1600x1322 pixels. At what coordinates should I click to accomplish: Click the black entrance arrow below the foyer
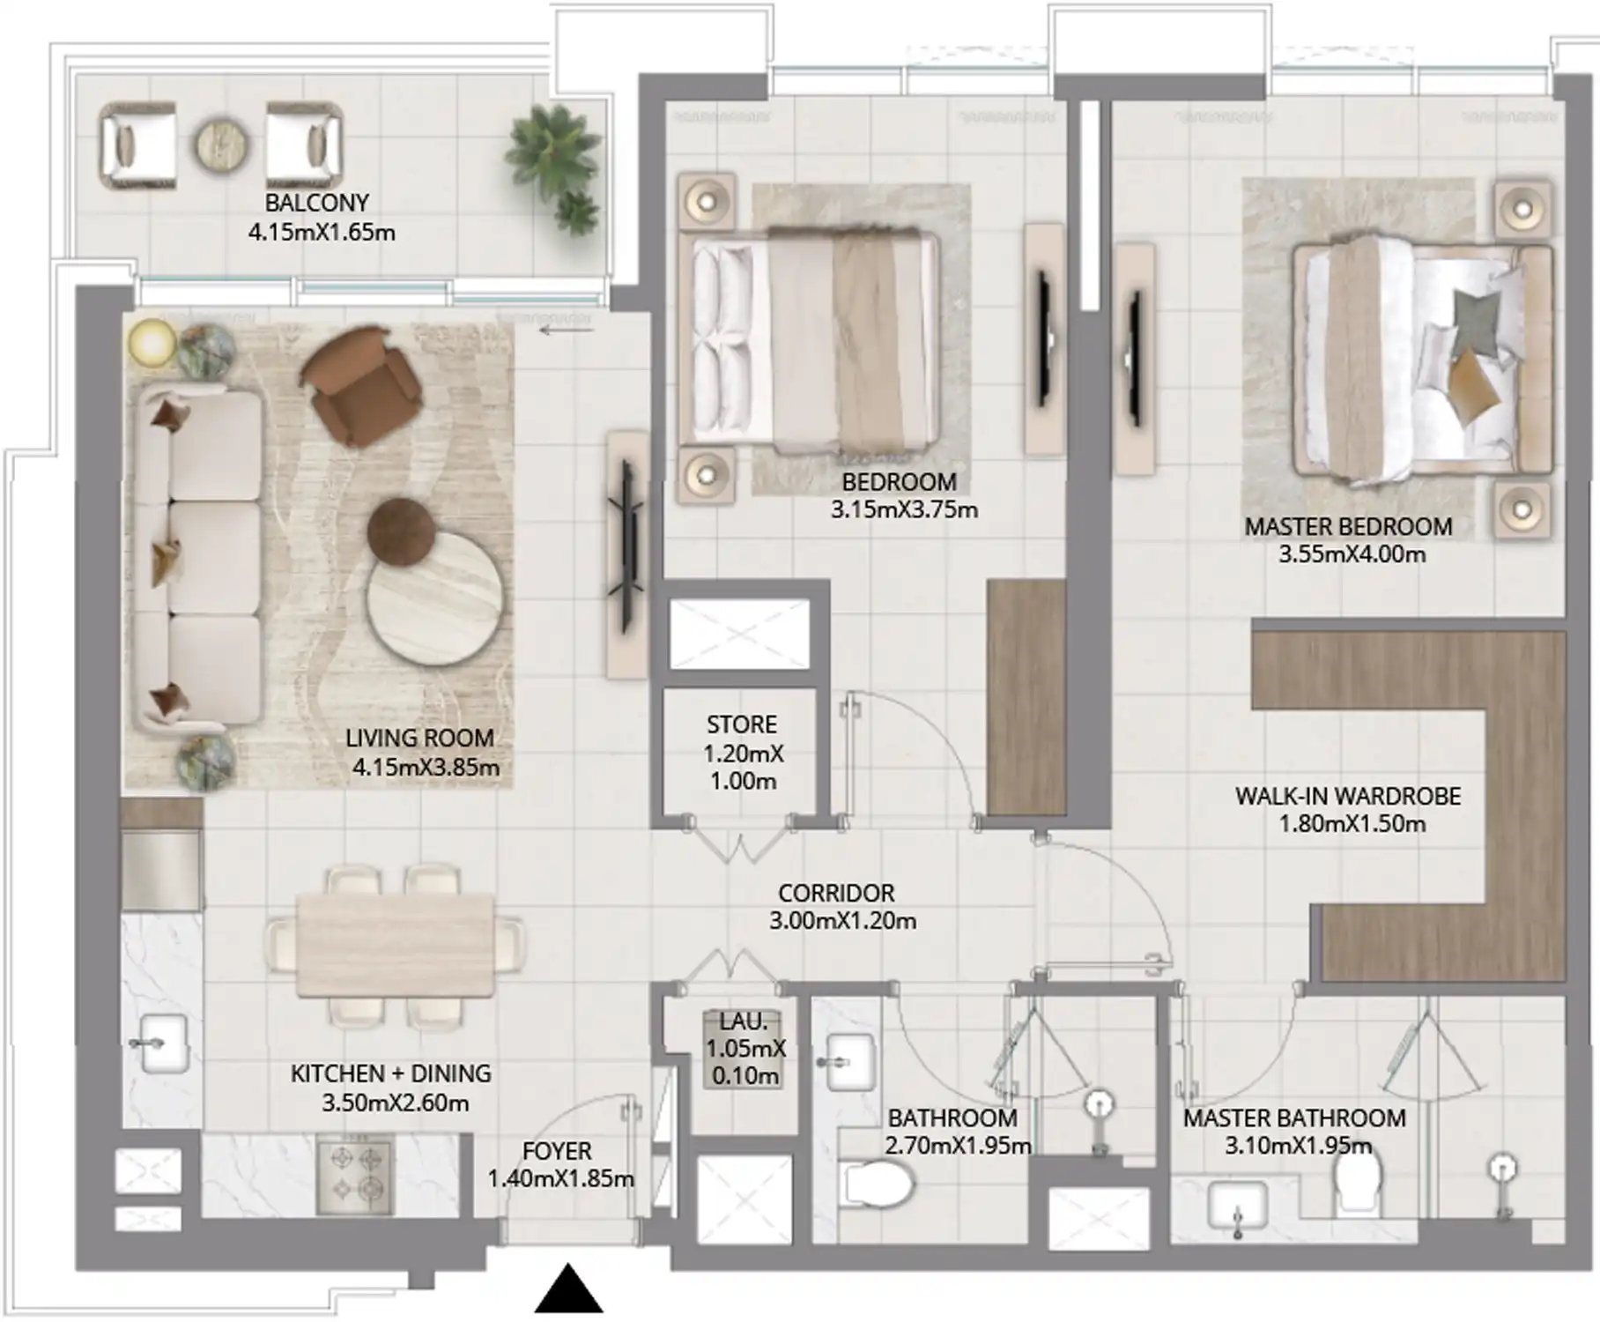pyautogui.click(x=569, y=1289)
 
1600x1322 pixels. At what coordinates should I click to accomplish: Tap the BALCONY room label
pyautogui.click(x=317, y=203)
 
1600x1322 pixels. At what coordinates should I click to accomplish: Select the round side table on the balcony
pyautogui.click(x=222, y=145)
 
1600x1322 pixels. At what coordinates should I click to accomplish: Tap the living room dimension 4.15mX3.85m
pyautogui.click(x=426, y=768)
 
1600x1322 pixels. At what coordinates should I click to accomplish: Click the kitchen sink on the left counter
pyautogui.click(x=165, y=1043)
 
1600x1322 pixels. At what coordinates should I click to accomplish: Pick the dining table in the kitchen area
pyautogui.click(x=395, y=945)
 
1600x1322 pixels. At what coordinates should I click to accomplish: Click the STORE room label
pyautogui.click(x=742, y=724)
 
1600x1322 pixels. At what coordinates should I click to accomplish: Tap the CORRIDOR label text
pyautogui.click(x=836, y=893)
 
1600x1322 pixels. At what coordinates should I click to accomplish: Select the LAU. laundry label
pyautogui.click(x=744, y=1021)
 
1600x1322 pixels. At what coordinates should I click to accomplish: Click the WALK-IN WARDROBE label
pyautogui.click(x=1348, y=797)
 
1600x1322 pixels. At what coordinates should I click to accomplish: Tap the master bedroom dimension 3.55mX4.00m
pyautogui.click(x=1352, y=555)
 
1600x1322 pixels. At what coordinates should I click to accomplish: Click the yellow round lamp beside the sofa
pyautogui.click(x=152, y=343)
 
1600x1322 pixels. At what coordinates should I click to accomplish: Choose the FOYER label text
pyautogui.click(x=557, y=1152)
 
